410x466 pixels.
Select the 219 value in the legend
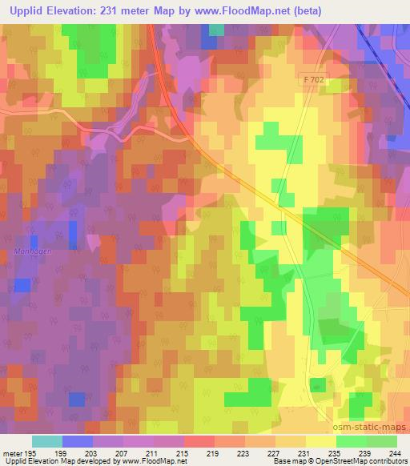coord(214,453)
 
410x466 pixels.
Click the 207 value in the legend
coord(123,453)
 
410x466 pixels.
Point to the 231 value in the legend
coord(305,453)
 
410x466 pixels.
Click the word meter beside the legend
coord(11,453)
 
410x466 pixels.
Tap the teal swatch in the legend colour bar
coord(46,441)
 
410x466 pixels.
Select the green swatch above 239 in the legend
coord(351,441)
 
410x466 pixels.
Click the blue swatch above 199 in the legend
coord(77,441)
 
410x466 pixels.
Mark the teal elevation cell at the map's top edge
coord(216,30)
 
